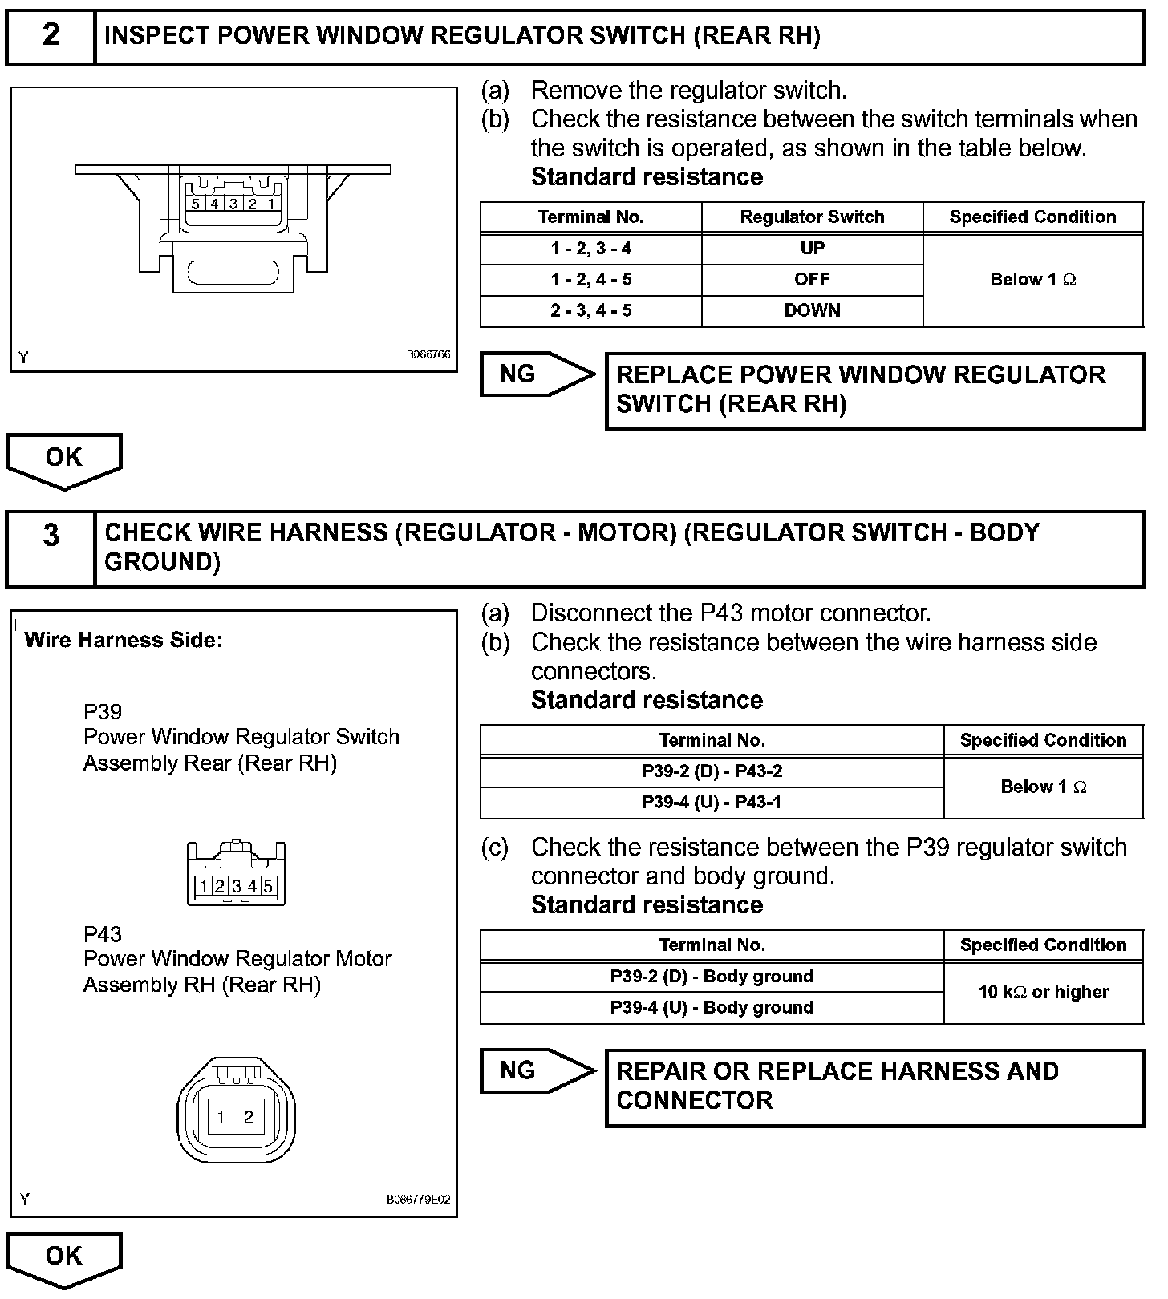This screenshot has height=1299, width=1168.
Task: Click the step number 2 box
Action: coord(51,36)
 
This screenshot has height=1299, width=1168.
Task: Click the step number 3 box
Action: coord(51,548)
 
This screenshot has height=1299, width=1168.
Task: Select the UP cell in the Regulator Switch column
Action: coord(812,249)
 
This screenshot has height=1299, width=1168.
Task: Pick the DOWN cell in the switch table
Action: coord(812,311)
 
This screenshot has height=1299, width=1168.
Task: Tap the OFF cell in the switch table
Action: coord(812,280)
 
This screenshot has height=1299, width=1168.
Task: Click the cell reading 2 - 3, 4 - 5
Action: coord(590,311)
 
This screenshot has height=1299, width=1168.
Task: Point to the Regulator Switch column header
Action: coord(812,217)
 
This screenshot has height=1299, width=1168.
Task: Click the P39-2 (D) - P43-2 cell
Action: coord(712,771)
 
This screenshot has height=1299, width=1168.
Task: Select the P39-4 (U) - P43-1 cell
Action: coord(712,803)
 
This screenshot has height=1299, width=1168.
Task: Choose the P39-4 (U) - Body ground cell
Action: coord(712,1008)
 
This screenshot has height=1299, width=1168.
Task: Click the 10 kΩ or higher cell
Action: coord(1043,993)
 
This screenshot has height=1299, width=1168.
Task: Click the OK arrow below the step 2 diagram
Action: coord(64,459)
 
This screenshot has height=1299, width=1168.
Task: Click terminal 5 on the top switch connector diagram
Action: coord(196,204)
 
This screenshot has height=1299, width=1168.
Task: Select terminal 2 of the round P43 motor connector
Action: coord(249,1116)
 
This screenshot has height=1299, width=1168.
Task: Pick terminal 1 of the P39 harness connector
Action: coord(204,886)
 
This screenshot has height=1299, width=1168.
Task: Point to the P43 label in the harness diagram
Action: coord(103,934)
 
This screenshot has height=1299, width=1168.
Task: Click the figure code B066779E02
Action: coord(418,1200)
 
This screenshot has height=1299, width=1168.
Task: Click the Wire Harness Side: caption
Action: coord(124,641)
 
